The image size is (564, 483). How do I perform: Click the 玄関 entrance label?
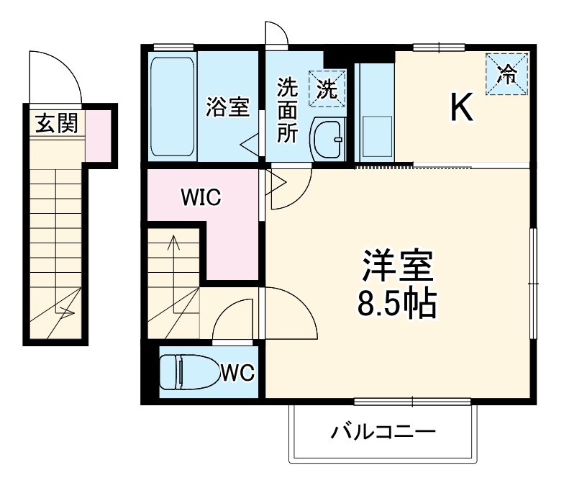pos(57,124)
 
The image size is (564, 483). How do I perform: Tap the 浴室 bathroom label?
pos(227,108)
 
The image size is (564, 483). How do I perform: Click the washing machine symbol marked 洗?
pos(327,89)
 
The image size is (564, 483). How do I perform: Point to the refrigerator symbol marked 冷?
pos(507,73)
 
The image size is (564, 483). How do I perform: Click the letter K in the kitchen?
pos(461,108)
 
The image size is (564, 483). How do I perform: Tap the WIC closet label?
pos(201,197)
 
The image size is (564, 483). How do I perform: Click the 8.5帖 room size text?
pos(397,304)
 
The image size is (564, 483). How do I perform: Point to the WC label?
pos(237,372)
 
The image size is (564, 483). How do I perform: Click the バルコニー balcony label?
pos(383,433)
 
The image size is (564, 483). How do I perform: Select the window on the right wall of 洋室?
pos(533,283)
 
